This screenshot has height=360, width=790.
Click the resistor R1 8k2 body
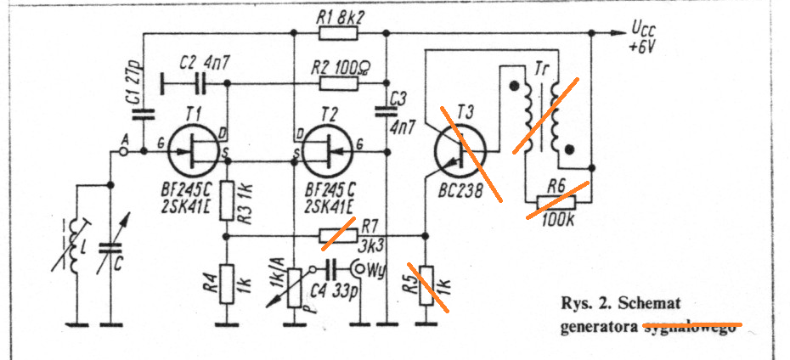[x=338, y=35]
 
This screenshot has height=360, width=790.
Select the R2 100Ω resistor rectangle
[x=338, y=84]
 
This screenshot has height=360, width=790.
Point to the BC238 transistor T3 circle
[x=460, y=153]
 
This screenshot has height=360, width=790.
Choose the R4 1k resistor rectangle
[x=227, y=284]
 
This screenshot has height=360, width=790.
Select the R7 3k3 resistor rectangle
[x=338, y=235]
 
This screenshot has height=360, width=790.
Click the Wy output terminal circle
[x=363, y=270]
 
